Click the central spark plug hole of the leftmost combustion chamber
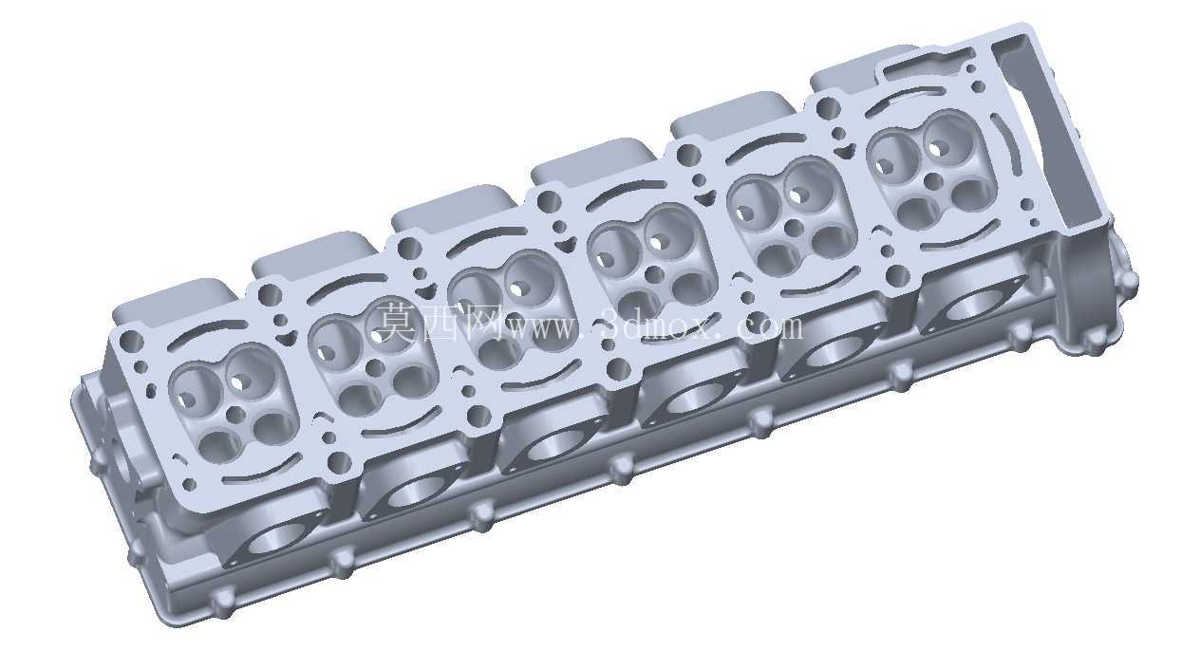[235, 415]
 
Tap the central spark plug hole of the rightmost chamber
[933, 182]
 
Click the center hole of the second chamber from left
[375, 368]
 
